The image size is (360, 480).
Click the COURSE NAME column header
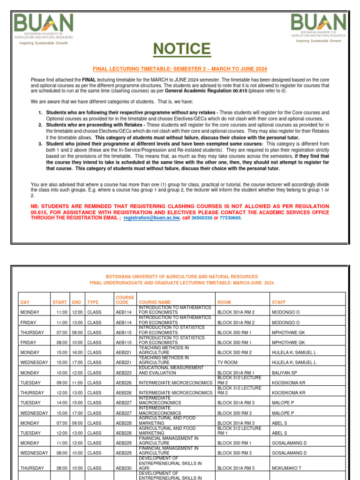coord(156,302)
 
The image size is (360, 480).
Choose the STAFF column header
coord(278,302)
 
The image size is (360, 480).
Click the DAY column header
coord(25,302)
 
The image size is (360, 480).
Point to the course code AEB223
coord(123,373)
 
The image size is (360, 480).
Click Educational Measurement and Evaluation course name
coord(171,370)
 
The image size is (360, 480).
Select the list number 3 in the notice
coord(40,143)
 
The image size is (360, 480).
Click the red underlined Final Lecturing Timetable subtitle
coord(180,69)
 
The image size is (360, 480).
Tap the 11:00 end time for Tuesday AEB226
coord(76,382)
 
